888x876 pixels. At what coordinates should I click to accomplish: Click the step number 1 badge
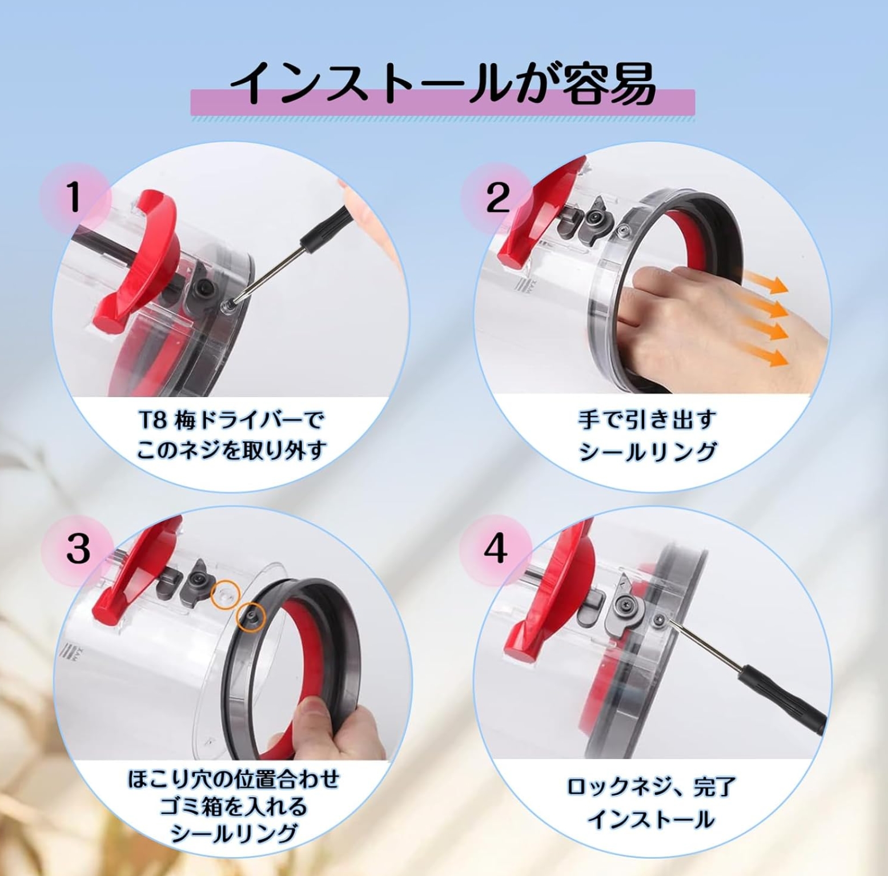(74, 198)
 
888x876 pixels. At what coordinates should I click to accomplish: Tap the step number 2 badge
(496, 198)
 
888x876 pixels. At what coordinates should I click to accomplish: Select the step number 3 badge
(78, 548)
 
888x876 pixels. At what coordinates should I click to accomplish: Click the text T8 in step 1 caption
(152, 421)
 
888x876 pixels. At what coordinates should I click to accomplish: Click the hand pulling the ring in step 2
(674, 320)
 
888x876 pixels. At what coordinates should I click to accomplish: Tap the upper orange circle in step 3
(224, 595)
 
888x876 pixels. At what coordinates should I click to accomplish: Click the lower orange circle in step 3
(251, 617)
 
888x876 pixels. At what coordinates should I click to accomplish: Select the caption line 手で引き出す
(647, 420)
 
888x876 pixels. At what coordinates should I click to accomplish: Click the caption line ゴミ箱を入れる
(234, 806)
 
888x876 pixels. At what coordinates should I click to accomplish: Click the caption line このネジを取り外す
(231, 451)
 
